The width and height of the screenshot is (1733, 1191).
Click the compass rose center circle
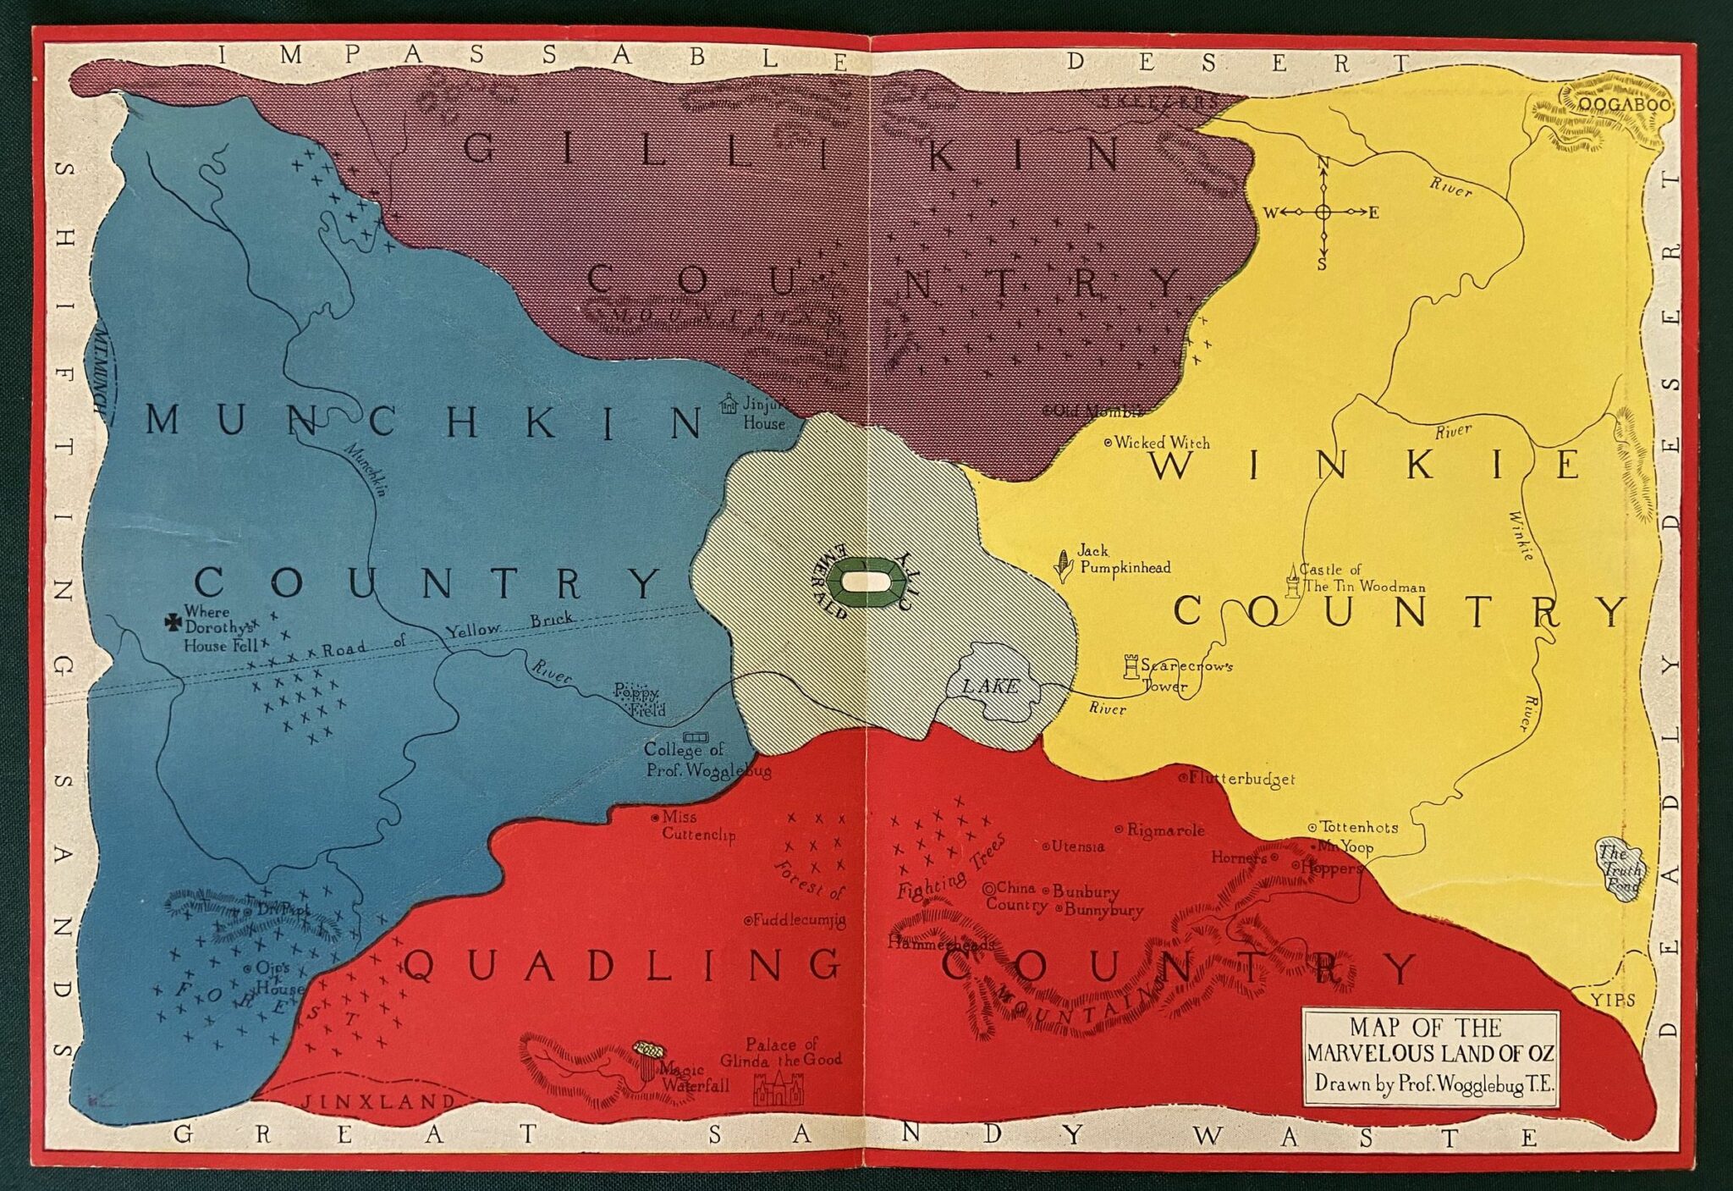pyautogui.click(x=1324, y=212)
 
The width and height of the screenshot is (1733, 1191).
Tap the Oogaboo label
pyautogui.click(x=1625, y=106)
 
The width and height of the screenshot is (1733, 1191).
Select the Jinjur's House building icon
pyautogui.click(x=729, y=405)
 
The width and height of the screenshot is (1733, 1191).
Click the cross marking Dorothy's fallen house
pyautogui.click(x=173, y=624)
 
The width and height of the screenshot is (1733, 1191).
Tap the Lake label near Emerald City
pyautogui.click(x=992, y=686)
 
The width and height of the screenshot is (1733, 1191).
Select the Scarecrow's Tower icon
pyautogui.click(x=1131, y=668)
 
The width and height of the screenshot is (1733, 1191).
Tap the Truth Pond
pyautogui.click(x=1620, y=869)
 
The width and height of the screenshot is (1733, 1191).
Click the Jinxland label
pyautogui.click(x=378, y=1102)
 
